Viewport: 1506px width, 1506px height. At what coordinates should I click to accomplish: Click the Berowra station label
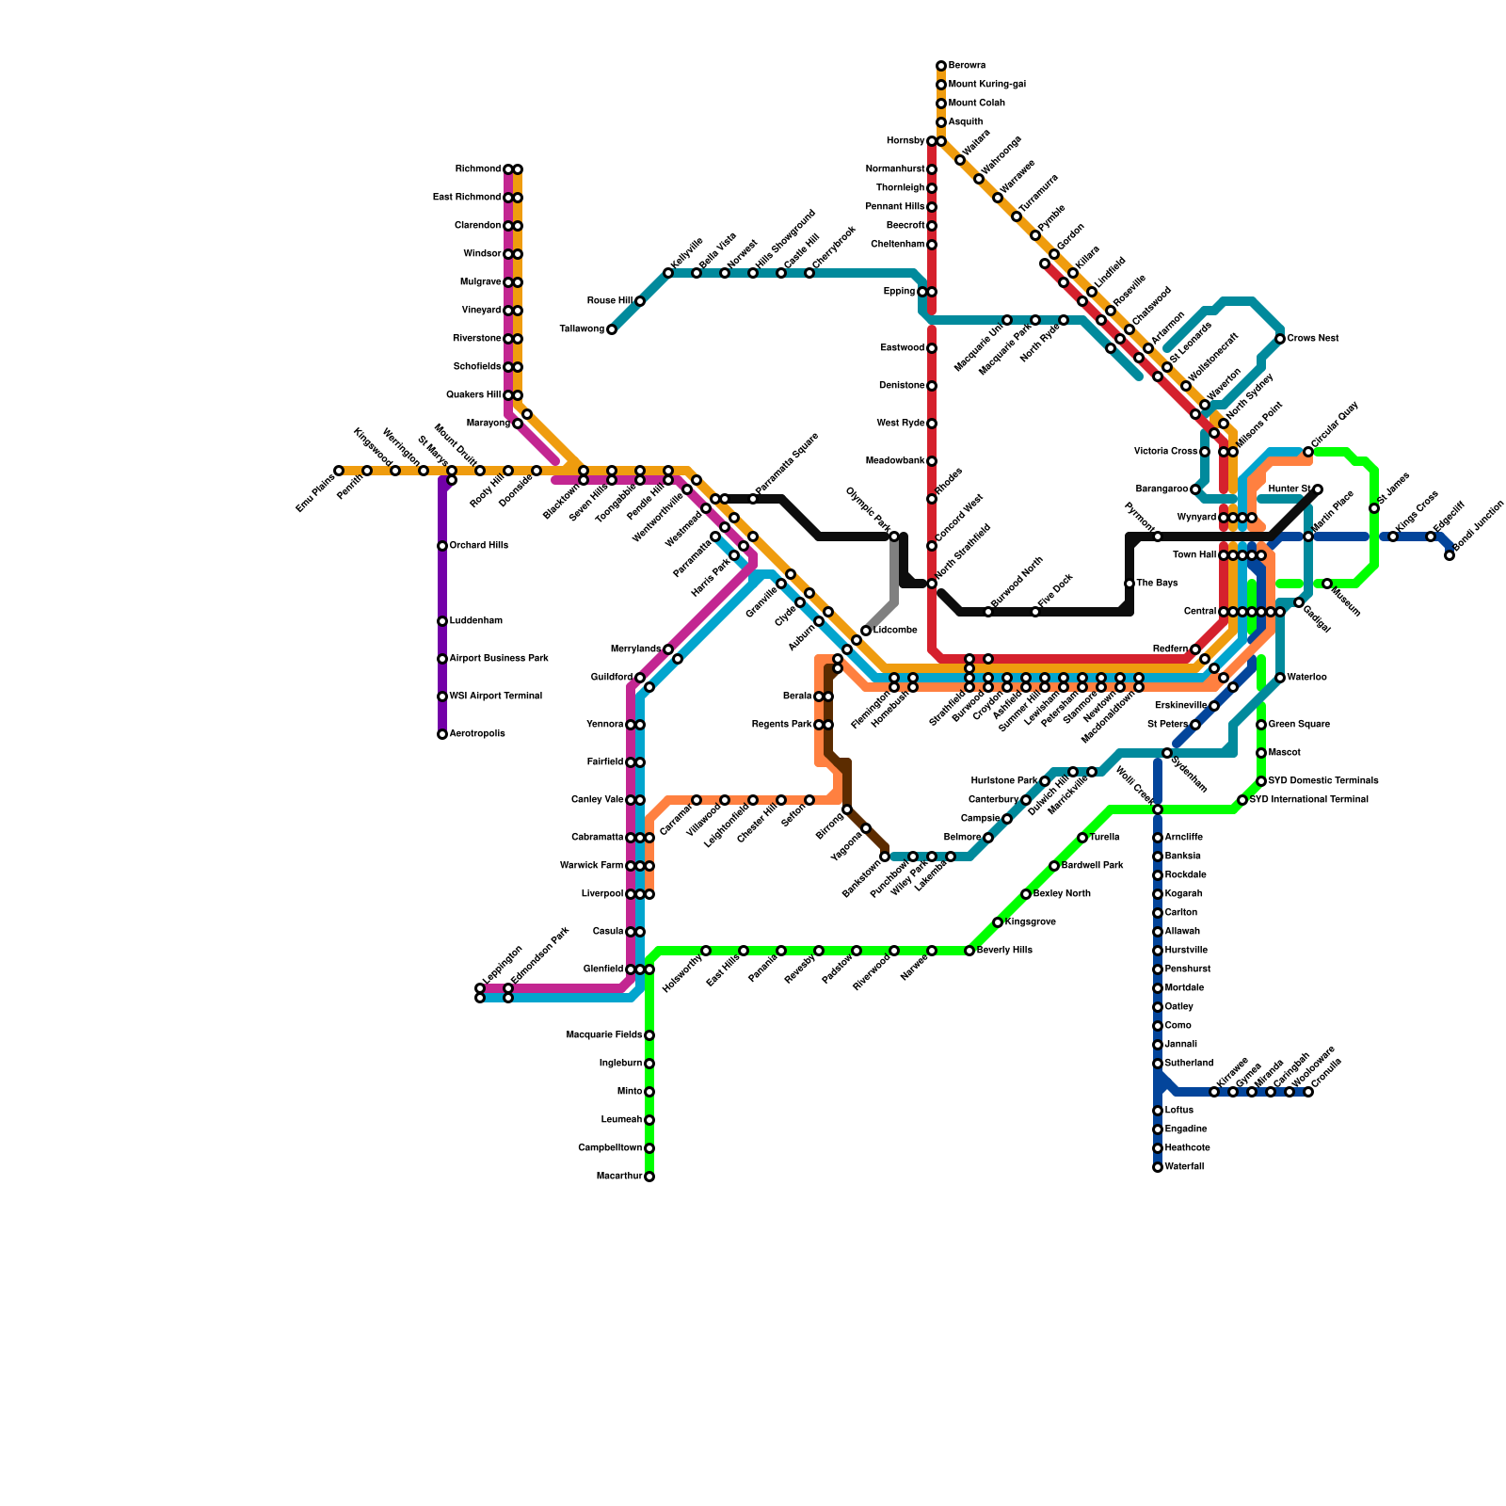967,66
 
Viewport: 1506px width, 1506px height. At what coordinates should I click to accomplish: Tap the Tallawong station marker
612,329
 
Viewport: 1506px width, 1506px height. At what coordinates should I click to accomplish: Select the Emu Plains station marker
339,471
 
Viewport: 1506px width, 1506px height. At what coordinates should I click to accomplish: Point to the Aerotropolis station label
477,734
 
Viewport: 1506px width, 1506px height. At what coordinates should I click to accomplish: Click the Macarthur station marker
649,1177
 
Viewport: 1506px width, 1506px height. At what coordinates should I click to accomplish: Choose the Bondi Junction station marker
1450,555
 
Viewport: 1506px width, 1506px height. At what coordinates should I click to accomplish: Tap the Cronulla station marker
1308,1092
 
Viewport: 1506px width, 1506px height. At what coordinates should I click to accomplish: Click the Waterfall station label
1184,1167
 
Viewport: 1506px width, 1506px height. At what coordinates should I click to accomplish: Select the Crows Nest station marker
1280,339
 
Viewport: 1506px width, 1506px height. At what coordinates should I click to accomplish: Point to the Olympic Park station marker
894,537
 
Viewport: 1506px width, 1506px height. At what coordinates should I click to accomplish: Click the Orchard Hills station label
478,546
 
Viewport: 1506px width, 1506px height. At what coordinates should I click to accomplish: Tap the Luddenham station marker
442,621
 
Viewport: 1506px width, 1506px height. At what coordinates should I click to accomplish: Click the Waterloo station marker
1280,678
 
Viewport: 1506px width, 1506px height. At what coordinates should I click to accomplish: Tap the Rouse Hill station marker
640,301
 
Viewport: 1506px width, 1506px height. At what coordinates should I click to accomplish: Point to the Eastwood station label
903,348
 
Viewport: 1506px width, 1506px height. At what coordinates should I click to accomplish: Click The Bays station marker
1129,584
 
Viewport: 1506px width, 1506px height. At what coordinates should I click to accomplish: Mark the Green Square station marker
1261,725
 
